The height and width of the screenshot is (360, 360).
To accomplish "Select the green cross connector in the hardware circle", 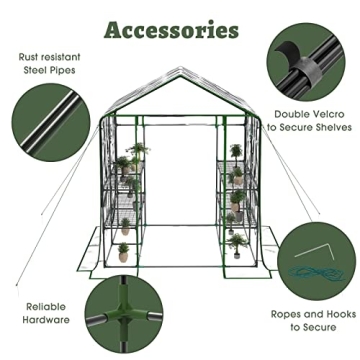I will [x=128, y=316].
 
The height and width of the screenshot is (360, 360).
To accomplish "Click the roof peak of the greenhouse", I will [x=180, y=75].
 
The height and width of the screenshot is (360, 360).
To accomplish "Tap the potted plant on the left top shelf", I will [x=135, y=152].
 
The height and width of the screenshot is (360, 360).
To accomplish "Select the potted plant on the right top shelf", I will [x=236, y=152].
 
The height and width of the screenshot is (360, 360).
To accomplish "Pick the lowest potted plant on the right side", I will [x=236, y=243].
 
